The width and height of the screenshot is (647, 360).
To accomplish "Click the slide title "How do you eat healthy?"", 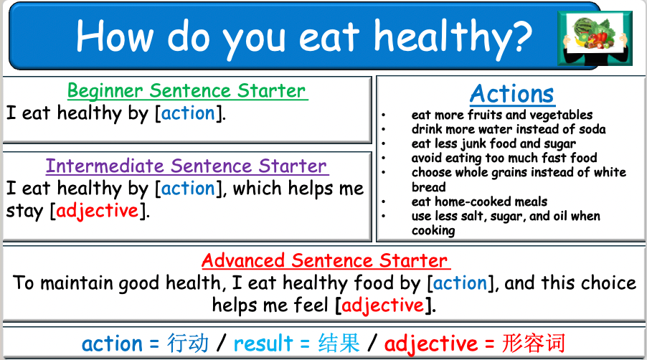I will [304, 34].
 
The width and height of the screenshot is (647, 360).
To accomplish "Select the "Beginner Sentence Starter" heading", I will [187, 91].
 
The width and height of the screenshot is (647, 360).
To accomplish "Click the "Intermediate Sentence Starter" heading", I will [187, 166].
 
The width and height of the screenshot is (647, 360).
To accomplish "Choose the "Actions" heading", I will [512, 94].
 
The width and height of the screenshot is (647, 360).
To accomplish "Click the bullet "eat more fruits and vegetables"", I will [502, 115].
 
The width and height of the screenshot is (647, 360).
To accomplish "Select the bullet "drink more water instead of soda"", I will [509, 129].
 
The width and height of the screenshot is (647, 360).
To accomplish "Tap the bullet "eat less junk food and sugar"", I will [493, 143].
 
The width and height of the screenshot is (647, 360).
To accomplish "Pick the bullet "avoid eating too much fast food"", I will [504, 158].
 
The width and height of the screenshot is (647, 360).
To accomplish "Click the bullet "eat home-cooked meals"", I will [479, 202].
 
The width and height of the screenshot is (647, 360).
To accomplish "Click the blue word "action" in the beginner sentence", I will [188, 113].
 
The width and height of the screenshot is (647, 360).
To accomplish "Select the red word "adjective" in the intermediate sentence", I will [97, 212].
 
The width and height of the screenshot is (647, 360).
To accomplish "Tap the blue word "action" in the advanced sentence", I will [460, 283].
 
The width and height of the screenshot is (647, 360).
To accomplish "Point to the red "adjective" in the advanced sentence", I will [383, 305].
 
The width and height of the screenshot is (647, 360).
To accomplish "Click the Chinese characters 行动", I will [188, 343].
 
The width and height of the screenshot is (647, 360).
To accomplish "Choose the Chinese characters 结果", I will [339, 343].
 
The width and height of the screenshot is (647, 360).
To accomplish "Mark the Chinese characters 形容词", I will [534, 343].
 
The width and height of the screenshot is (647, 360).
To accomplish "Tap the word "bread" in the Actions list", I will [428, 186].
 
